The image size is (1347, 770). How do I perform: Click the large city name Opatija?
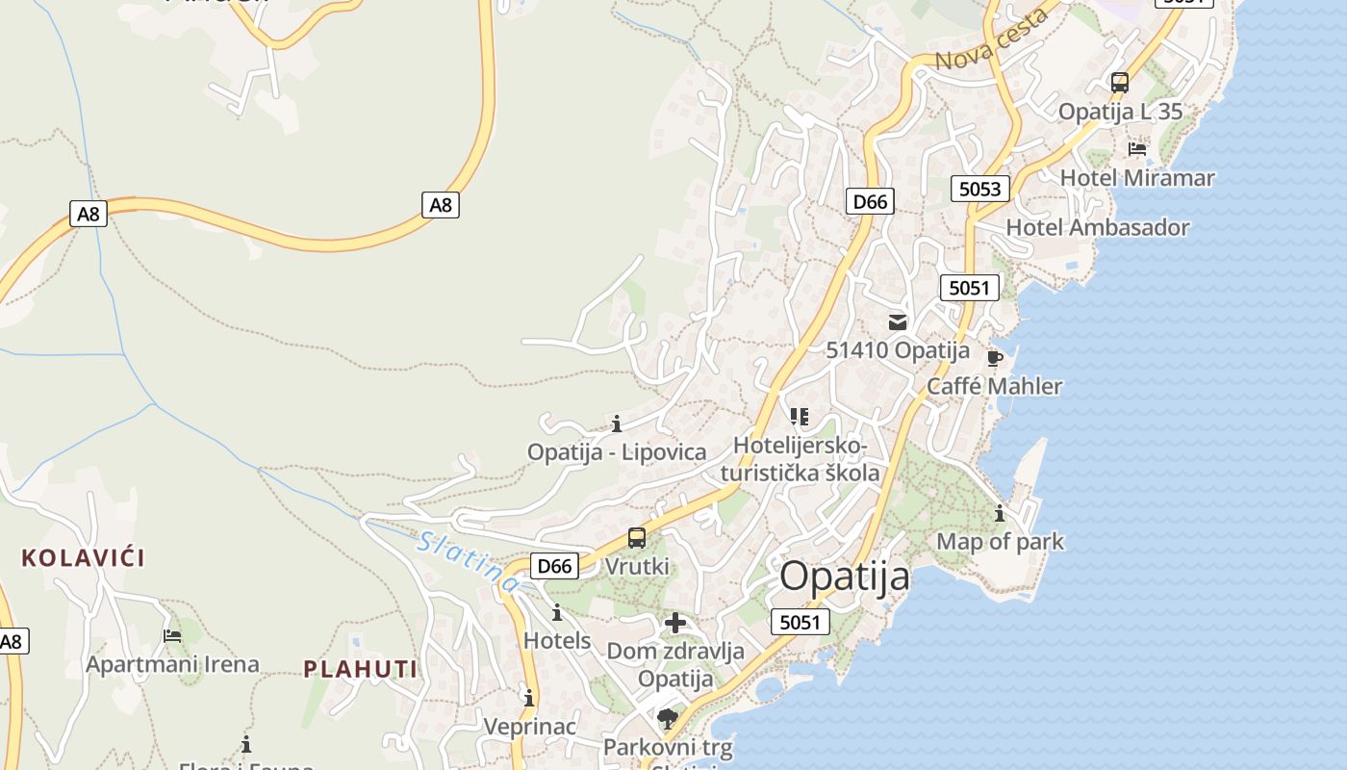point(844,576)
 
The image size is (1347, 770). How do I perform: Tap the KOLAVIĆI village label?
point(83,557)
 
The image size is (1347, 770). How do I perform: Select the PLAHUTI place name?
point(361,669)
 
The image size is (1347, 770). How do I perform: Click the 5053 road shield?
point(980,189)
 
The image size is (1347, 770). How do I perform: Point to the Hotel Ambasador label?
point(1097,228)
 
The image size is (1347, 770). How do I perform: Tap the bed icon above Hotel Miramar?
point(1137,149)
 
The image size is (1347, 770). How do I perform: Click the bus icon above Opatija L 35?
point(1119,83)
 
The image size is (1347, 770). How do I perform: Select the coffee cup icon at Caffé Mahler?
point(995,359)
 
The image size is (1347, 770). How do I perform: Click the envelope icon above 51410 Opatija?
point(898,322)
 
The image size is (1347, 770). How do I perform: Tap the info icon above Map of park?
point(1000,513)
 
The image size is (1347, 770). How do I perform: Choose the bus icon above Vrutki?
point(636,538)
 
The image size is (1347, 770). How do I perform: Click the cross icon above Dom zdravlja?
point(675,623)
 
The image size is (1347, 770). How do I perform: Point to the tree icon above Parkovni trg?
point(667,718)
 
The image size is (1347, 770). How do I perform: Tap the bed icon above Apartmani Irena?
point(172,635)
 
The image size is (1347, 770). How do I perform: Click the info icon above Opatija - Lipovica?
point(617,423)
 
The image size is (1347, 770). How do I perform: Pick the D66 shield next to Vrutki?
point(554,566)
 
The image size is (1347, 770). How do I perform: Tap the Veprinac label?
point(529,727)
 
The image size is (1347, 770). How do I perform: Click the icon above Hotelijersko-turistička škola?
point(799,417)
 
